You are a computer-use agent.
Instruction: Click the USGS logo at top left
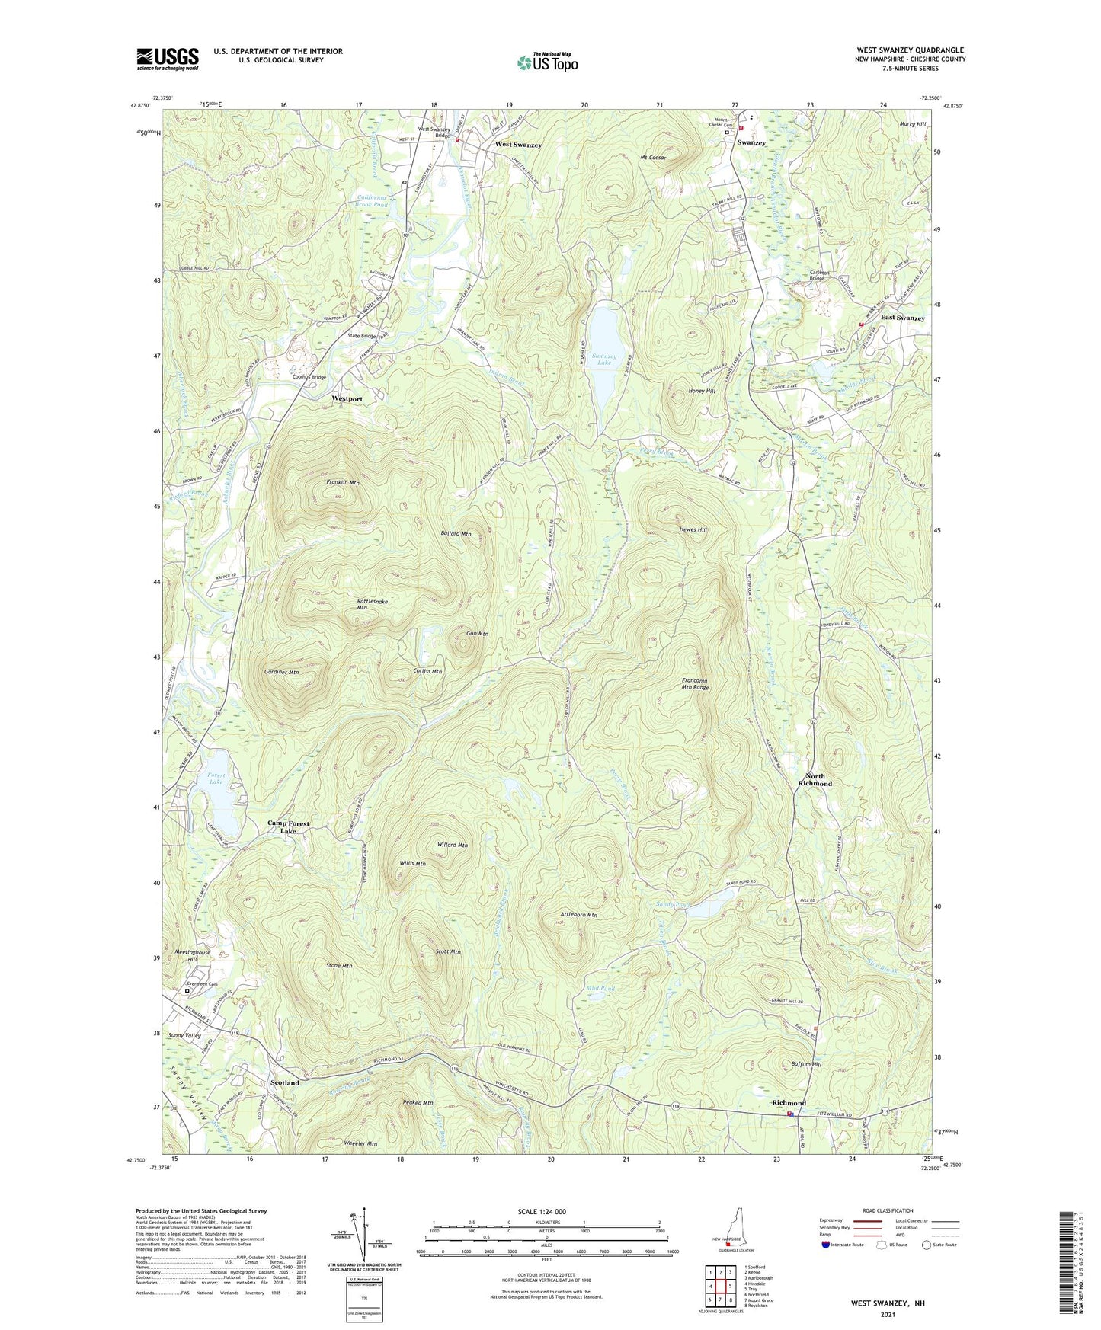pos(167,59)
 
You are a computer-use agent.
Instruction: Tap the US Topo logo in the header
pos(547,62)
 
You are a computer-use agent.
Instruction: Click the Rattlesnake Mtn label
pos(372,605)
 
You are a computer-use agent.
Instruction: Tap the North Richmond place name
pos(815,779)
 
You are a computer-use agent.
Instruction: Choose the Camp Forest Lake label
pos(288,827)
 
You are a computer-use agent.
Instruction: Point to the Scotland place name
pos(285,1082)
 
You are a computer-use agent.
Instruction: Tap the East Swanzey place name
pos(902,318)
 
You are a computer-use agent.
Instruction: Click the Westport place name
pos(347,398)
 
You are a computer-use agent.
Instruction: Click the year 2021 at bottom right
pos(888,1314)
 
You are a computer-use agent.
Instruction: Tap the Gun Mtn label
pos(477,634)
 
